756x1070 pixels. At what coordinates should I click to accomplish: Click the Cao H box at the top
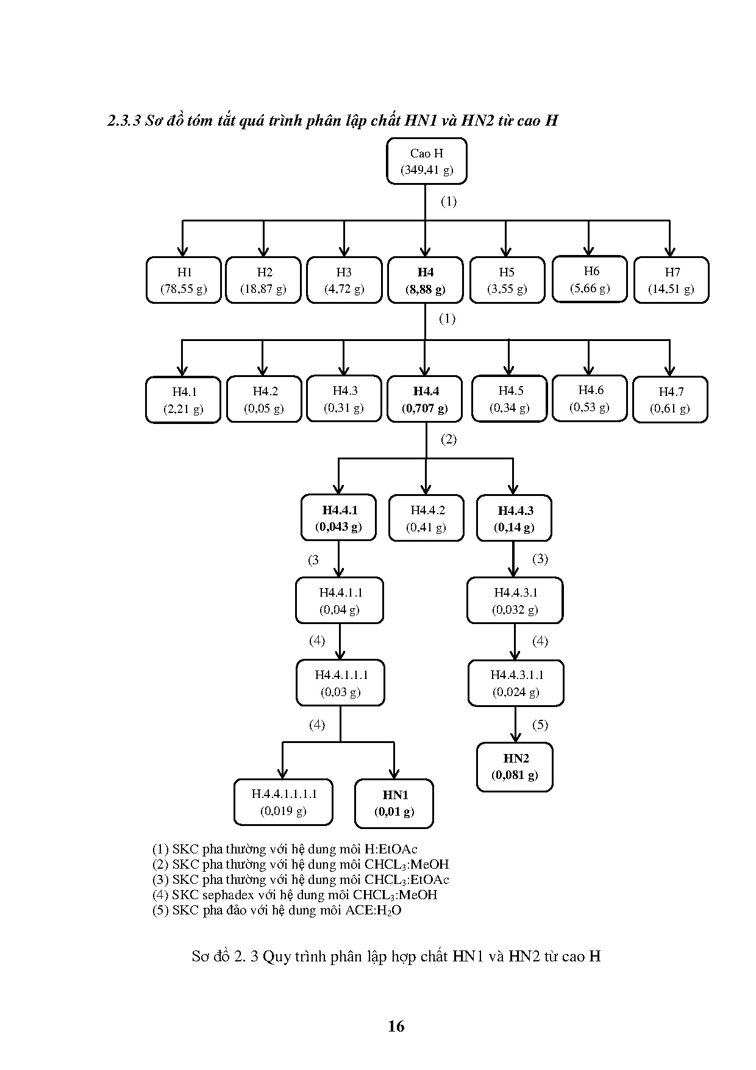click(426, 161)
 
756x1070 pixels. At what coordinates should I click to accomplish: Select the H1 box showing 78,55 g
click(184, 280)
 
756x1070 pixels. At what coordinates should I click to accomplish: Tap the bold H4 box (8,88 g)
click(425, 280)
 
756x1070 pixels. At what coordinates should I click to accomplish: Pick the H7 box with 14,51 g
click(671, 280)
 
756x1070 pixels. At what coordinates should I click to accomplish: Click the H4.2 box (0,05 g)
click(264, 400)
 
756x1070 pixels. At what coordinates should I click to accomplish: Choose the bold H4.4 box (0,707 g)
click(425, 400)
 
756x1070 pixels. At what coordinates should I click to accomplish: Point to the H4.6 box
click(589, 398)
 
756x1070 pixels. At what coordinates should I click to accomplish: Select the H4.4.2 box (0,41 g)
click(426, 519)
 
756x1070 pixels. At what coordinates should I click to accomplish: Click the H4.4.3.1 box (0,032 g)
click(515, 600)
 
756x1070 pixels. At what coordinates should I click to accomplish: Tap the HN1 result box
click(394, 803)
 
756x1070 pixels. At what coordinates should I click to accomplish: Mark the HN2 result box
click(515, 767)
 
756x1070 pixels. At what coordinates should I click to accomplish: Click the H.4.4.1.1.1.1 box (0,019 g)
click(283, 802)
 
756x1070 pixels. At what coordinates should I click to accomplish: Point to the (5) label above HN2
click(540, 725)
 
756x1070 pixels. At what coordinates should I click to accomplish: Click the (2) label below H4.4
click(448, 439)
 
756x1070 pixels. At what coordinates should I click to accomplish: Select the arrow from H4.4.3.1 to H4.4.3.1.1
click(515, 642)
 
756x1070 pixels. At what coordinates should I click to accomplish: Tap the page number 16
click(396, 1026)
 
